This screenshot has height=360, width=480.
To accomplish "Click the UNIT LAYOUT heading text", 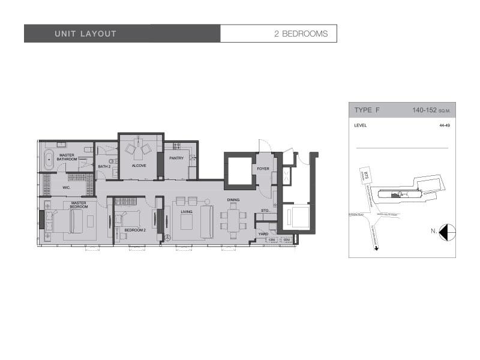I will pyautogui.click(x=85, y=34).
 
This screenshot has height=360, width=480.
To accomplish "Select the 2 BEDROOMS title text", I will pyautogui.click(x=301, y=34).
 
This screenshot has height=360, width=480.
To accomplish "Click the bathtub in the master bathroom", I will pyautogui.click(x=48, y=159).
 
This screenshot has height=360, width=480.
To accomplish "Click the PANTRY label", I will pyautogui.click(x=176, y=158).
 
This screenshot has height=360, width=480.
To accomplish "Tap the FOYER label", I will pyautogui.click(x=263, y=169).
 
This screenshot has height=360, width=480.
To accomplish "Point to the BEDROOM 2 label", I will pyautogui.click(x=136, y=229).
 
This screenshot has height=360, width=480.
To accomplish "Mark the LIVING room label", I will pyautogui.click(x=186, y=211).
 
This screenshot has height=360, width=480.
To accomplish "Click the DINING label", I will pyautogui.click(x=233, y=200).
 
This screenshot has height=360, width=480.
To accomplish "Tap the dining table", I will pyautogui.click(x=233, y=220).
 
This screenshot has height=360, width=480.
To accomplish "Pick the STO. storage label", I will pyautogui.click(x=265, y=211).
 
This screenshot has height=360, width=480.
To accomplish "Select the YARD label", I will pyautogui.click(x=263, y=234).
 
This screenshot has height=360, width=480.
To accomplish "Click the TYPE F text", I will pyautogui.click(x=367, y=110).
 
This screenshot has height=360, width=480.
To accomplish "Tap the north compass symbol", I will pyautogui.click(x=447, y=230).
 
